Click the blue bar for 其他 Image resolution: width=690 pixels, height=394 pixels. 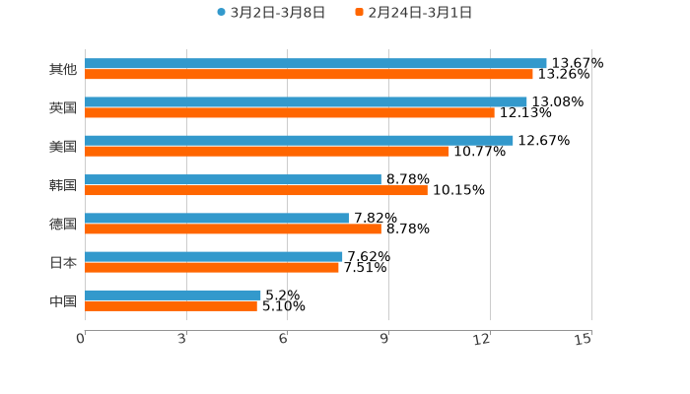point(315,63)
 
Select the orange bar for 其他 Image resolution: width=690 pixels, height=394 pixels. point(309,74)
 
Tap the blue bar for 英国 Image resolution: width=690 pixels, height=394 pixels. point(306,101)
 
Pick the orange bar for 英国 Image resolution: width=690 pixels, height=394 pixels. point(290,112)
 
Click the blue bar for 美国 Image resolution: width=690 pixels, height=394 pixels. point(299,140)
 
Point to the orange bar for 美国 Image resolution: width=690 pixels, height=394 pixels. point(267,151)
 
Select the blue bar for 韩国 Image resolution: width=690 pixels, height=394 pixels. point(233,179)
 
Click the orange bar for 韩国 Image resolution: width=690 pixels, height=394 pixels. point(256,190)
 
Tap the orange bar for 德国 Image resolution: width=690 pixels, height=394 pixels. point(233,229)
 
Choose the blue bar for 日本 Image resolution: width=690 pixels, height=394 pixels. point(214,256)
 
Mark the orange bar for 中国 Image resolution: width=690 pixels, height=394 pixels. point(171,305)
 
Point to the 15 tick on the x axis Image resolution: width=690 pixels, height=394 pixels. point(584,339)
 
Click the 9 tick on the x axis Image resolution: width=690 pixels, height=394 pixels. point(385,339)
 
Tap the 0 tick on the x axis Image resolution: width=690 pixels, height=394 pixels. point(81,339)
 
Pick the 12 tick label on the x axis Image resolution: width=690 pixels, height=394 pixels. point(482,339)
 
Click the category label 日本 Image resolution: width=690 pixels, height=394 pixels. point(63,263)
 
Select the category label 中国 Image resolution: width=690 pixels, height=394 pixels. point(63,301)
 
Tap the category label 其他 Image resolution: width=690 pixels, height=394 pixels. point(63,70)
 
